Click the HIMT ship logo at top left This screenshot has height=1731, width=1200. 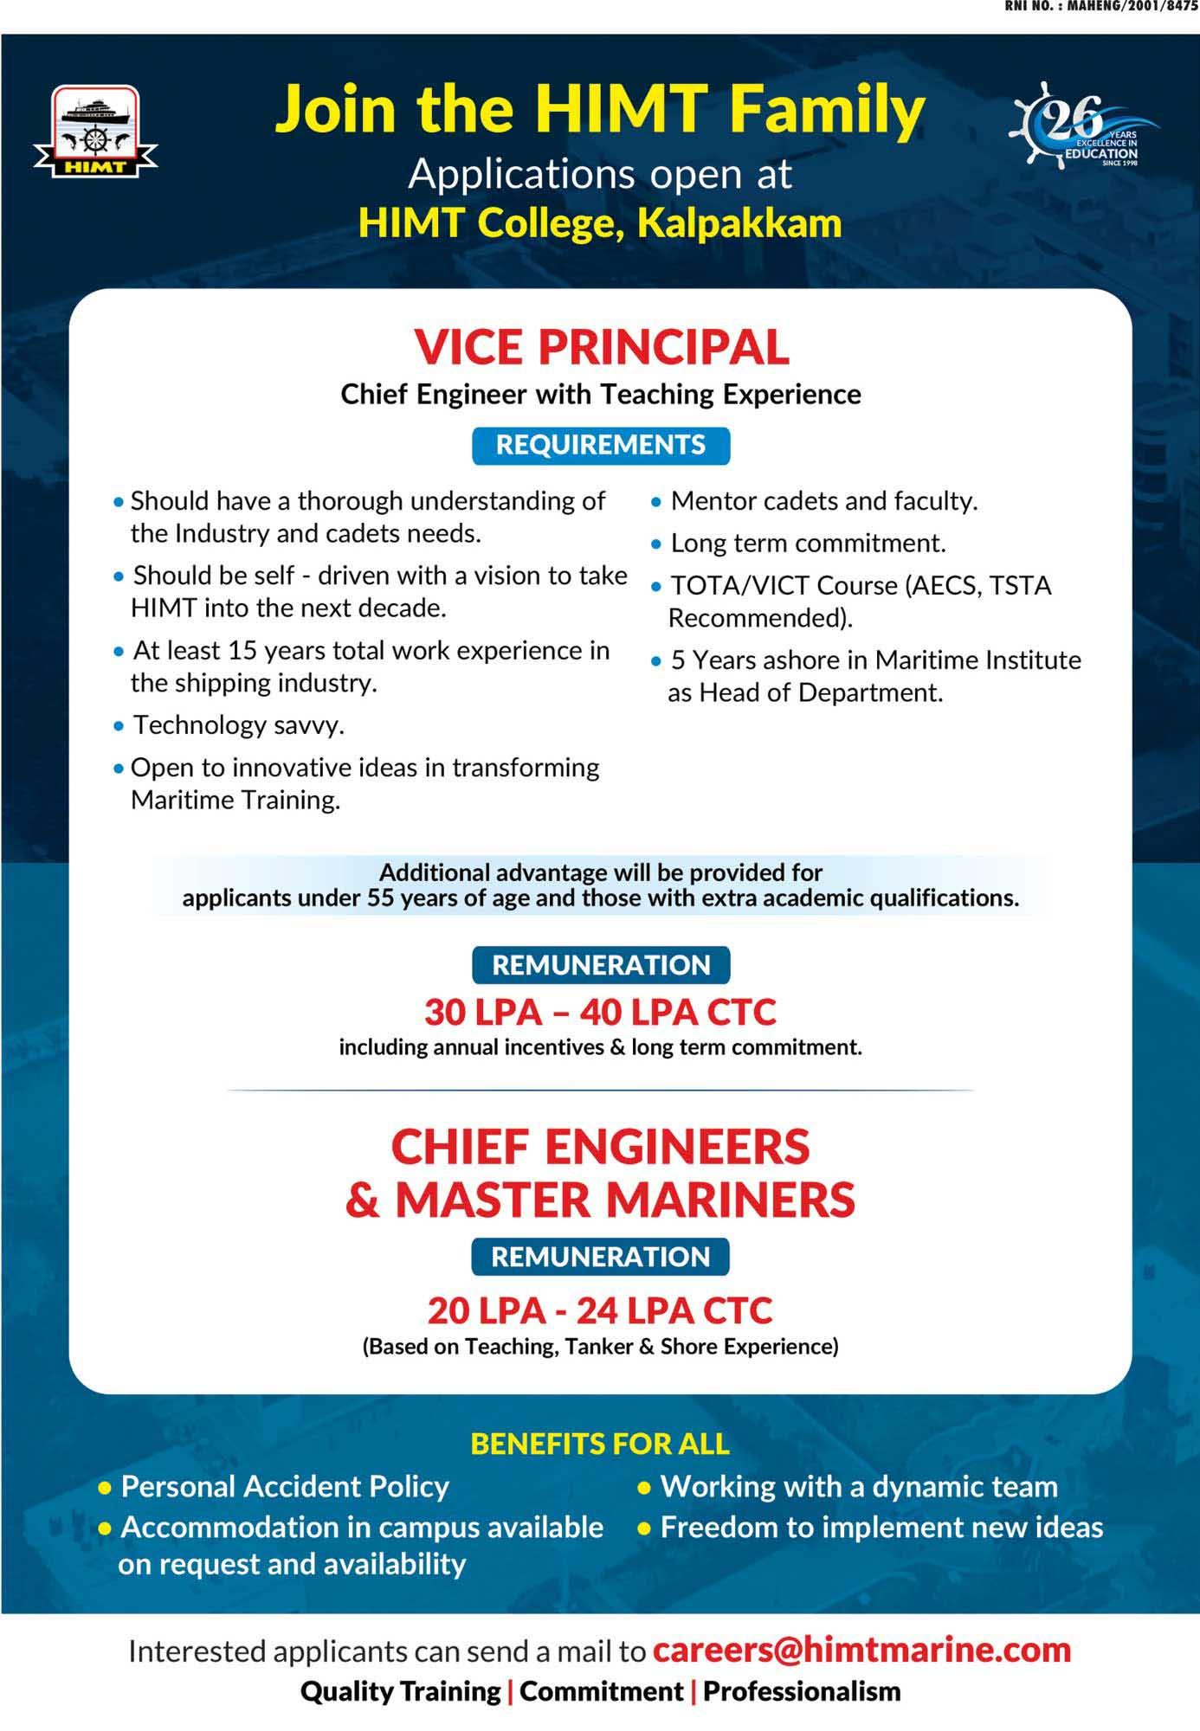coord(95,131)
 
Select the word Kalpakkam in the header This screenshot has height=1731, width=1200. coord(739,222)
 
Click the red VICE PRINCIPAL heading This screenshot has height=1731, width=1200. coord(601,347)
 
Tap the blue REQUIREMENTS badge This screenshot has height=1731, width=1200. coord(601,445)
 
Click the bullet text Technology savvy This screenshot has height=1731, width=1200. coord(238,725)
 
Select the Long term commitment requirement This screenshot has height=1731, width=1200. coord(807,544)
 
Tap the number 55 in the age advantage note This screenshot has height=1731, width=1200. coord(380,898)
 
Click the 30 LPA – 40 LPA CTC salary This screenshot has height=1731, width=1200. coord(601,1012)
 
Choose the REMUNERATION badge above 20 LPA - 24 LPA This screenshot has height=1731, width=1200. coord(601,1257)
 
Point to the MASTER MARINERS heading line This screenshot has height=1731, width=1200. coord(623,1200)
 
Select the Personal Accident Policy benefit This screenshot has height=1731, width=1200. coord(285,1486)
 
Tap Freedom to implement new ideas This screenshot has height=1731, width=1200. coord(881,1527)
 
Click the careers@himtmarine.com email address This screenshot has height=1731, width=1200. coord(861,1650)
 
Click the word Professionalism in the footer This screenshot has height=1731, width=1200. coord(802,1690)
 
